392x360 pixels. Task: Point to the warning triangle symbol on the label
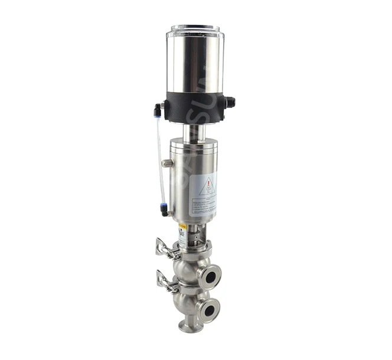click(207, 187)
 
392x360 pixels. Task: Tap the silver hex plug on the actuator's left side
click(166, 163)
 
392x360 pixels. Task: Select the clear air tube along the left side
click(159, 159)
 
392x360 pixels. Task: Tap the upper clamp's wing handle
click(162, 247)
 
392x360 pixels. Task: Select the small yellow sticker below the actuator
click(182, 227)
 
